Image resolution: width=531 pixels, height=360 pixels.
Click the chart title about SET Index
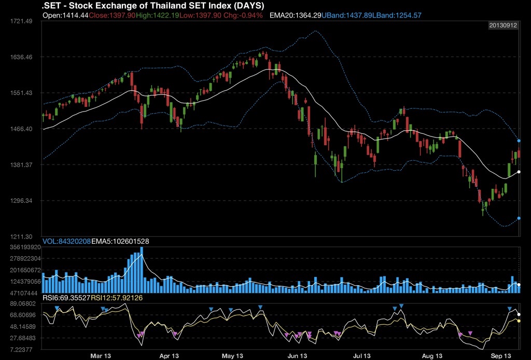[152, 6]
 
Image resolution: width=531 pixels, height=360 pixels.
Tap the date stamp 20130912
[503, 25]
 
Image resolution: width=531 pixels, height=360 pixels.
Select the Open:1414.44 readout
[65, 16]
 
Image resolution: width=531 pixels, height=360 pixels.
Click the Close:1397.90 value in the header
[112, 16]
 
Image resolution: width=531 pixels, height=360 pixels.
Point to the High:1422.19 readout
[157, 16]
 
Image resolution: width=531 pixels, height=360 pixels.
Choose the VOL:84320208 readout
[66, 241]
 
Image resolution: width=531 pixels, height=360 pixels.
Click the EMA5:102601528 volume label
[120, 241]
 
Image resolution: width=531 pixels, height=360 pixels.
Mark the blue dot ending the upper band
[519, 141]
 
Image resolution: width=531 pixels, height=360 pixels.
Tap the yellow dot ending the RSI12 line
[519, 321]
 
